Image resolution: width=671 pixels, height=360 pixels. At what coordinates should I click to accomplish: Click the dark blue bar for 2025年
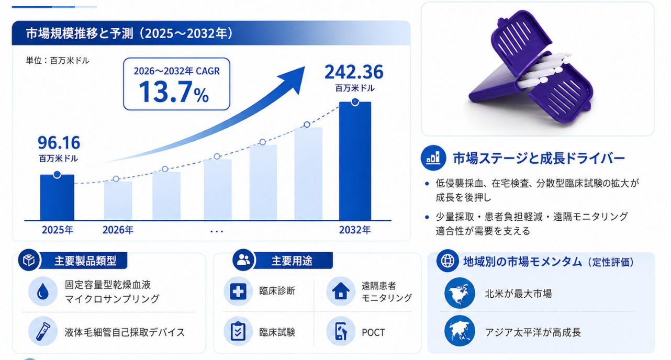[57, 197]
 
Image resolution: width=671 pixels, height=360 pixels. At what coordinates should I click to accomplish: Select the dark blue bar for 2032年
[355, 161]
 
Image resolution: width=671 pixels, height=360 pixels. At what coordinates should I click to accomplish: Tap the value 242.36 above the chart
[354, 72]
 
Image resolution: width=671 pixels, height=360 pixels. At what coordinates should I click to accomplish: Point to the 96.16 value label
[59, 143]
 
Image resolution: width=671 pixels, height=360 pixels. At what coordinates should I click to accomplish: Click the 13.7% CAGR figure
[174, 92]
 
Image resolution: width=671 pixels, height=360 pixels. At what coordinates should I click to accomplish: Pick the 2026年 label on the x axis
[118, 230]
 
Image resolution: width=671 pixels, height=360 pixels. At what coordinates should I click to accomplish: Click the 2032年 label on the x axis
[355, 230]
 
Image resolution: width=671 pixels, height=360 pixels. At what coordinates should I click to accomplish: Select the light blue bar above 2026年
[118, 200]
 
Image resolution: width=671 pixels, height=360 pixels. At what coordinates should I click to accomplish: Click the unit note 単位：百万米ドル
[58, 61]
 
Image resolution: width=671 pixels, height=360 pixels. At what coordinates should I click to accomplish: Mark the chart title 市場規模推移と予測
[79, 33]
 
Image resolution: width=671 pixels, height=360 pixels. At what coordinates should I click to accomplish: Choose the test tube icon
[43, 331]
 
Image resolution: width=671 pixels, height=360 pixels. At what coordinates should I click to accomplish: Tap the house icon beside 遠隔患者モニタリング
[341, 291]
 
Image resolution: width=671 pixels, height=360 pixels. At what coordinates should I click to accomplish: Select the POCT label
[373, 332]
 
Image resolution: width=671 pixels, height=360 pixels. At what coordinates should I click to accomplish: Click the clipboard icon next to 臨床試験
[238, 331]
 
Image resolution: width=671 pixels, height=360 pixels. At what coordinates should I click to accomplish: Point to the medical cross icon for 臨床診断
[238, 291]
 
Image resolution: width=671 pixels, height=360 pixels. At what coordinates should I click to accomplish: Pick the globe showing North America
[460, 293]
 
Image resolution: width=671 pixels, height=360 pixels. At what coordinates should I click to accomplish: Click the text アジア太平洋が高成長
[533, 332]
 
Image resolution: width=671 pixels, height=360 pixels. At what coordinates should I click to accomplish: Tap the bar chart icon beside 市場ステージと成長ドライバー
[433, 158]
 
